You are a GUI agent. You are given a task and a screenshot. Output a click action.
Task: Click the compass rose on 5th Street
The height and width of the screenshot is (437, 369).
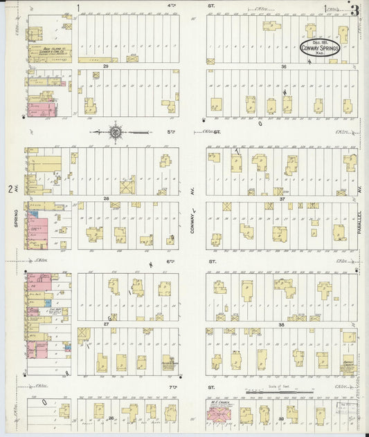[115, 131]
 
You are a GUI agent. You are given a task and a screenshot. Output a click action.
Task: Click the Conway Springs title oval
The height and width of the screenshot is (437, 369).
[320, 48]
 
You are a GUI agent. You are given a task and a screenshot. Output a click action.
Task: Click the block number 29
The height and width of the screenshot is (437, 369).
[106, 66]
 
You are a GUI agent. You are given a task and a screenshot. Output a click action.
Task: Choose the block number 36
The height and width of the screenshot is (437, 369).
[284, 66]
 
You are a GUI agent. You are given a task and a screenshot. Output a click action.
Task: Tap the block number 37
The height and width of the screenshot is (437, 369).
[282, 198]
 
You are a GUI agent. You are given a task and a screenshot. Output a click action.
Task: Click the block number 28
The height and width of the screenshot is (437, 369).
[107, 198]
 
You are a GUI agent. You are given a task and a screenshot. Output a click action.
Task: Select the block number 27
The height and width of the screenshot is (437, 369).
[107, 324]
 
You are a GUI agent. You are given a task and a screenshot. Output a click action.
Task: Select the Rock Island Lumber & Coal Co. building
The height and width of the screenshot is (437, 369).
[51, 52]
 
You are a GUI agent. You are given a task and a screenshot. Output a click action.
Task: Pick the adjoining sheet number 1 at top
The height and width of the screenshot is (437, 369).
[79, 8]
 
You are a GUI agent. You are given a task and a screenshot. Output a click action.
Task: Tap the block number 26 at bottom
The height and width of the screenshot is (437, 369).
[110, 419]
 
